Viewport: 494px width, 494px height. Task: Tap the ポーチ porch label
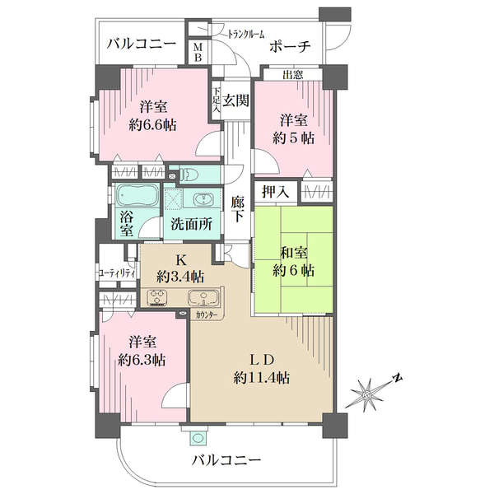pyautogui.click(x=289, y=47)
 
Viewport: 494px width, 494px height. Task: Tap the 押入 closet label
pyautogui.click(x=275, y=193)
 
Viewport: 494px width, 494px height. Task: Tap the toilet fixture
pyautogui.click(x=190, y=175)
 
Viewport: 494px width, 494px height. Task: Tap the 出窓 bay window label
pyautogui.click(x=293, y=77)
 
